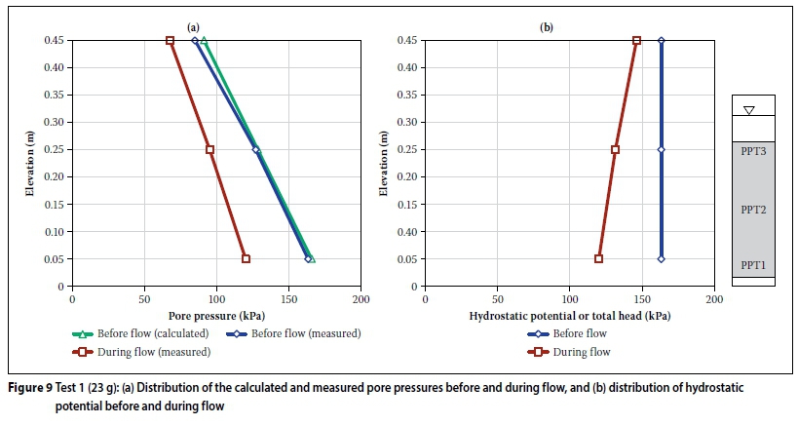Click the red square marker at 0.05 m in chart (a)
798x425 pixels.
click(246, 258)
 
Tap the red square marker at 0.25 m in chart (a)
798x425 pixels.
click(209, 149)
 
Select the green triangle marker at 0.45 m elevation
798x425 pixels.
click(204, 40)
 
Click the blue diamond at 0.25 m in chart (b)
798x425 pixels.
click(661, 149)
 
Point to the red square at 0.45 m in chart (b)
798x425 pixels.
click(636, 40)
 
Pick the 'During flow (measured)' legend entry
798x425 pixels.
click(138, 351)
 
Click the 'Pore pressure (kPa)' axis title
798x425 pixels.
click(215, 316)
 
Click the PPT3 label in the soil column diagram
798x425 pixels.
click(752, 151)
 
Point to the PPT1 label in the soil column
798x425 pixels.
click(752, 263)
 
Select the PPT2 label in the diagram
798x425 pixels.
click(752, 209)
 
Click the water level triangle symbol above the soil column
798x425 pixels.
click(748, 110)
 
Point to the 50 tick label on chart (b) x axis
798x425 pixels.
click(497, 300)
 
